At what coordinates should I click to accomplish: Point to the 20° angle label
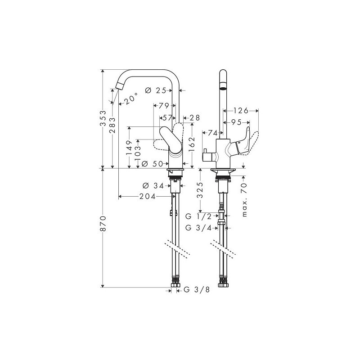pyautogui.click(x=130, y=99)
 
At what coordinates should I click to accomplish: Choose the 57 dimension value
pyautogui.click(x=168, y=117)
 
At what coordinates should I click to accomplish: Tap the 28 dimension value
pyautogui.click(x=194, y=117)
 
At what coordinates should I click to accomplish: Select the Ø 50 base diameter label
pyautogui.click(x=152, y=164)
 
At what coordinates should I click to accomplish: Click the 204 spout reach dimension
pyautogui.click(x=147, y=196)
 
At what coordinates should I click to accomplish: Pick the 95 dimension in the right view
pyautogui.click(x=236, y=122)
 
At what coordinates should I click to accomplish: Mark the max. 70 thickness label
pyautogui.click(x=245, y=199)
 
